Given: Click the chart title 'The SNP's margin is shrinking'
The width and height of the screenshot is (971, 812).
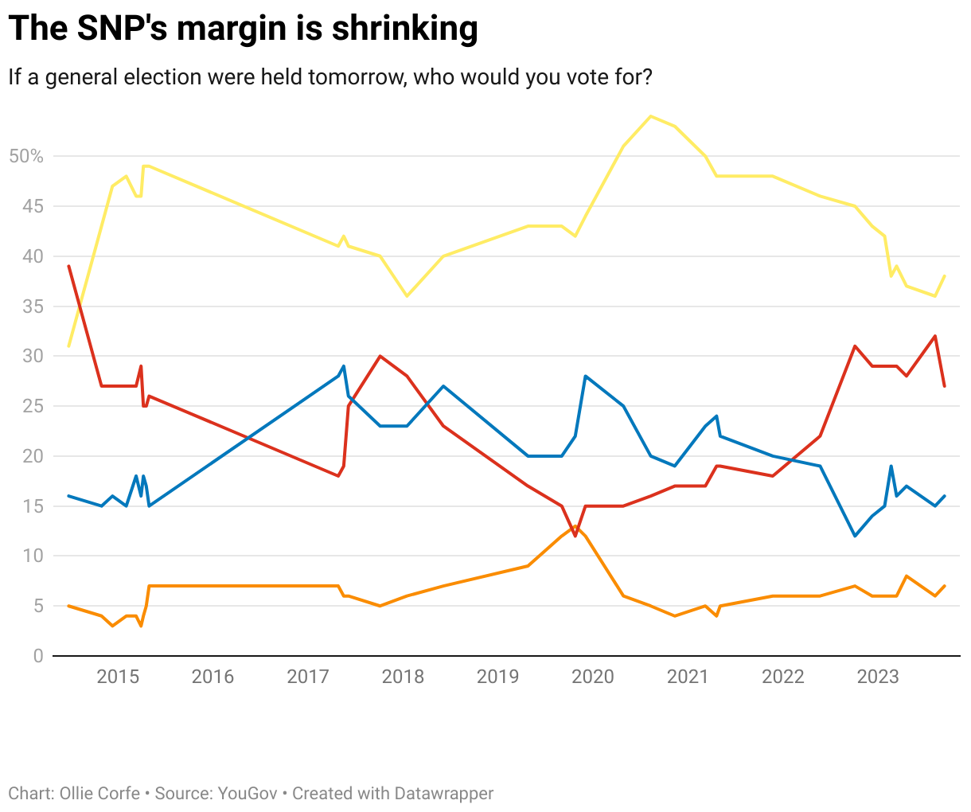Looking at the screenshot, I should [243, 29].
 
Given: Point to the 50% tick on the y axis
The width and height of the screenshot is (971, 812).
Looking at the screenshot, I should [26, 157].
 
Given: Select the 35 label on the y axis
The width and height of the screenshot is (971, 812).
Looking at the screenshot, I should [33, 306].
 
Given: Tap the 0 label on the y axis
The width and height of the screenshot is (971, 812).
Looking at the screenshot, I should [38, 656].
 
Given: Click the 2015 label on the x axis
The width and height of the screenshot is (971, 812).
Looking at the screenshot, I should [118, 677].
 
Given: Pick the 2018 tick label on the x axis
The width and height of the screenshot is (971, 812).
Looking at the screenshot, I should [403, 677].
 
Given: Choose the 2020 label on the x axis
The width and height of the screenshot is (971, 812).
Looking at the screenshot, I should [593, 677].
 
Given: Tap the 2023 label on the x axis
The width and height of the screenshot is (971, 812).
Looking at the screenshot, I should [878, 677].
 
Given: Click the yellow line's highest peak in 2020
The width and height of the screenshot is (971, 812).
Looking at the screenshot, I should [651, 116].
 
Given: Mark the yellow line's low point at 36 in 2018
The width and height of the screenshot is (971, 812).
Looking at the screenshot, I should [407, 296].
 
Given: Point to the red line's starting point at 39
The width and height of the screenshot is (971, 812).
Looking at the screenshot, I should [69, 266].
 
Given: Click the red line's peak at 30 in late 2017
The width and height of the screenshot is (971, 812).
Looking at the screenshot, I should [380, 356].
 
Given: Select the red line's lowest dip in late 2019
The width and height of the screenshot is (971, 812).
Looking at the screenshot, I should [575, 536].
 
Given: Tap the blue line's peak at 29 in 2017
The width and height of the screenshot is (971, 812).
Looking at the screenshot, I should [344, 366].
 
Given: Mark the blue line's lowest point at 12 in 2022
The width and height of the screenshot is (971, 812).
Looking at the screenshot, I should [855, 536].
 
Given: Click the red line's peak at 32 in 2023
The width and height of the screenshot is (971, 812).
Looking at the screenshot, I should [935, 336].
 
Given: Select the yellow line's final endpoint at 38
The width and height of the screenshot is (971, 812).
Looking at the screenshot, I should [945, 276].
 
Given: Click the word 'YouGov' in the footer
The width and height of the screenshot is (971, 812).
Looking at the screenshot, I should [248, 794].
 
